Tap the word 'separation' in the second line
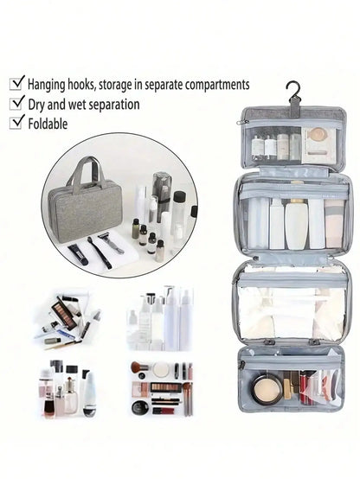pyautogui.click(x=112, y=105)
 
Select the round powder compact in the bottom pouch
pyautogui.click(x=267, y=392)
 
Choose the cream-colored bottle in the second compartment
pyautogui.click(x=296, y=223)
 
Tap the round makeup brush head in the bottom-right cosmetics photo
pyautogui.click(x=138, y=367)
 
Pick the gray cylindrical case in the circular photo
pyautogui.click(x=162, y=186)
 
